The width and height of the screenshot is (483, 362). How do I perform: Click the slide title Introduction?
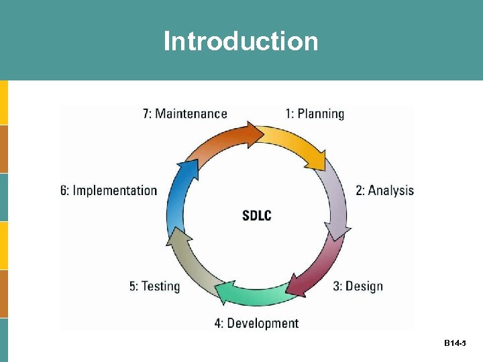tap(241, 42)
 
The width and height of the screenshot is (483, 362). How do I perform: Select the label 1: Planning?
tap(315, 114)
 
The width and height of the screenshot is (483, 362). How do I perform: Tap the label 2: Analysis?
tap(384, 190)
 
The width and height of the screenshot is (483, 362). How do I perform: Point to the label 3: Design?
tap(358, 286)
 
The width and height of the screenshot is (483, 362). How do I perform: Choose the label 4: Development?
tap(256, 323)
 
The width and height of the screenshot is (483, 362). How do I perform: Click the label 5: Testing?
tap(155, 286)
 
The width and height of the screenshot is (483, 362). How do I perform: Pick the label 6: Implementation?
tap(109, 190)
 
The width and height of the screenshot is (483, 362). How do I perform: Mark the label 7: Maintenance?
tap(185, 114)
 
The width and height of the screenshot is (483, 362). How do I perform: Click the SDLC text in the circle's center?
tap(256, 216)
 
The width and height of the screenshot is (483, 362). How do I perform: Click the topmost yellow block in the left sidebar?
tap(4, 103)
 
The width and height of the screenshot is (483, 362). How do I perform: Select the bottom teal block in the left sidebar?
tap(4, 340)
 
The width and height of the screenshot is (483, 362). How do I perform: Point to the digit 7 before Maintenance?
tap(146, 114)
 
